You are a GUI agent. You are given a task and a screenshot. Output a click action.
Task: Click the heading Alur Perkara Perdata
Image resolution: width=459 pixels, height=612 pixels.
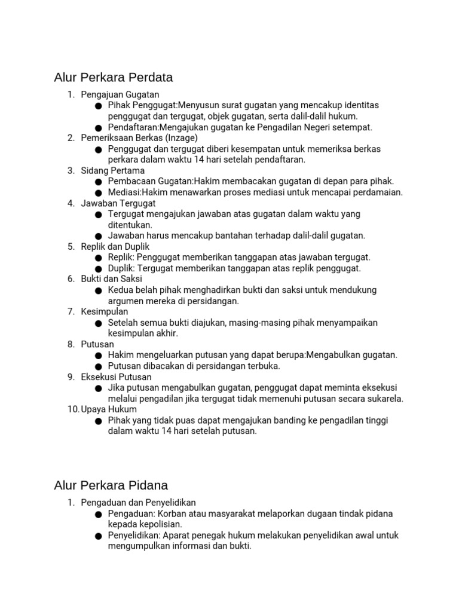point(113,77)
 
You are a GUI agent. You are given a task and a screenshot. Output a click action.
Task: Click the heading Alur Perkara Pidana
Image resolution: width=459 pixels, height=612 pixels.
point(111,485)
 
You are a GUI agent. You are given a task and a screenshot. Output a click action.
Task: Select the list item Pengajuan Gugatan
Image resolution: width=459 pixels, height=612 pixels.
point(120,94)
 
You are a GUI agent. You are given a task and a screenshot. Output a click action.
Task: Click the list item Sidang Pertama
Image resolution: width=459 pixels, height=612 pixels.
point(113,170)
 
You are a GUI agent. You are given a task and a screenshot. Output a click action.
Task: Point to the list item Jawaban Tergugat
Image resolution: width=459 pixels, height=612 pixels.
point(118,203)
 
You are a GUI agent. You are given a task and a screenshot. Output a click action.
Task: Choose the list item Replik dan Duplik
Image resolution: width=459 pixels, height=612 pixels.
point(115,246)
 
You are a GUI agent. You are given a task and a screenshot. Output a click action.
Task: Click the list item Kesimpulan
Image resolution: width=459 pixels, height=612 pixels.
point(105,312)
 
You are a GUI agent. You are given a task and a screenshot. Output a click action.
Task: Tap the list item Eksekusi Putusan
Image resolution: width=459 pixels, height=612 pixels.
point(116,377)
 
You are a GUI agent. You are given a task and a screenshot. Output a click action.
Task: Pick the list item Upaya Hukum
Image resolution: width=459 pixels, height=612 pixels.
point(109,409)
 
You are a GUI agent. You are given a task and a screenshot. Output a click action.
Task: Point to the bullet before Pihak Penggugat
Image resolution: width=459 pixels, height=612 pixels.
point(99,106)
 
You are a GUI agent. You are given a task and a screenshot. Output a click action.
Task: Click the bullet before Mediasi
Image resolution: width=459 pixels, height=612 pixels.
point(99,192)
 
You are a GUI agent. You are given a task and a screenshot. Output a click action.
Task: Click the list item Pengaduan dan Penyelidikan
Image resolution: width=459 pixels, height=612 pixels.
point(139,503)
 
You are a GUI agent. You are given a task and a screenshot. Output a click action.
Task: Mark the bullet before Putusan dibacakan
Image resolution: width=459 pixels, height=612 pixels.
point(99,366)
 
